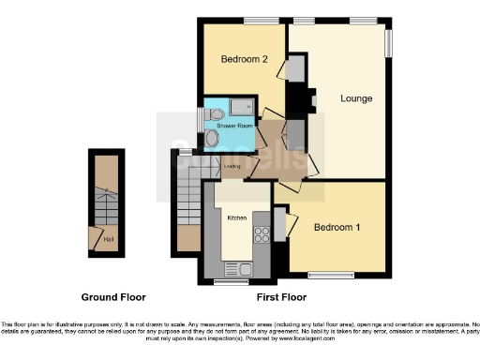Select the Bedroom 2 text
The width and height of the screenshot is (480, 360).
point(245,59)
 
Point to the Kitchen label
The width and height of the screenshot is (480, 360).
point(237,217)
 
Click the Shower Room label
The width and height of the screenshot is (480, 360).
point(234,125)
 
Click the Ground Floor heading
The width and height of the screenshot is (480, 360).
point(112,297)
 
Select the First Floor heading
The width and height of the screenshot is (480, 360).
point(281,297)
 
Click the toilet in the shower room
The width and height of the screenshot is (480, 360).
point(217,114)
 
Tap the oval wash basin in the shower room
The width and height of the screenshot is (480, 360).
point(212,139)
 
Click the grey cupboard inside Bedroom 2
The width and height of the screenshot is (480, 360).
point(295,71)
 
